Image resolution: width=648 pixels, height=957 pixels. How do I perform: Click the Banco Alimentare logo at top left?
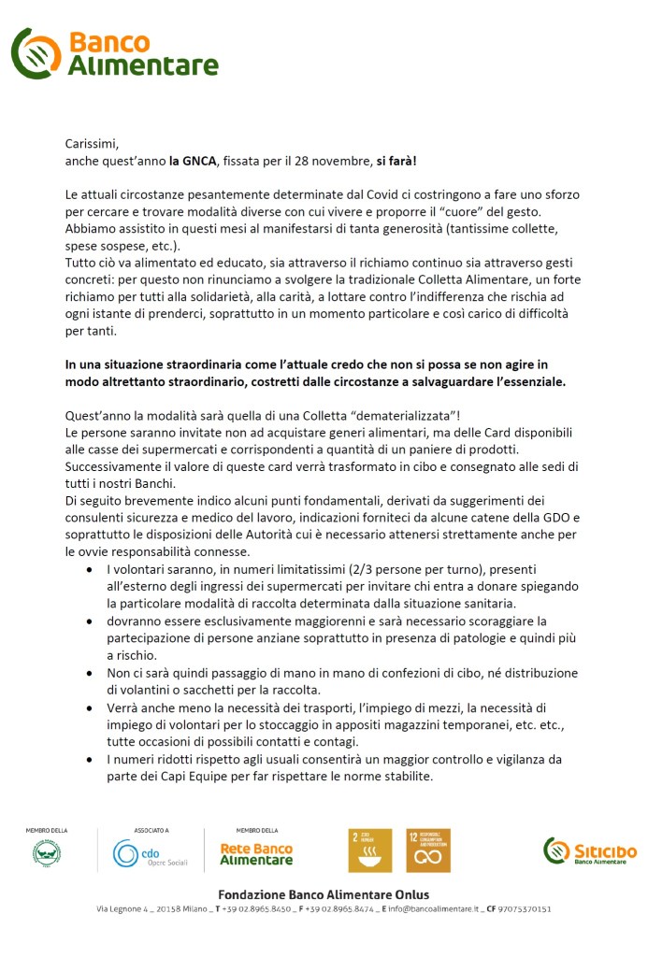(x=114, y=53)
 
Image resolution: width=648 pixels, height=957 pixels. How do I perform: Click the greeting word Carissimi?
(x=93, y=144)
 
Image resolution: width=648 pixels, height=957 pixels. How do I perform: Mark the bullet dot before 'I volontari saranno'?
(x=89, y=569)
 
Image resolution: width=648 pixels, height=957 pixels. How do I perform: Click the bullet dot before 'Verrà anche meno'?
(x=89, y=707)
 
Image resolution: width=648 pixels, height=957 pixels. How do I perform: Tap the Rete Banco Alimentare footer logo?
(x=255, y=853)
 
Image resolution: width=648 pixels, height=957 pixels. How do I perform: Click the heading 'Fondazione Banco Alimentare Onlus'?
(x=324, y=894)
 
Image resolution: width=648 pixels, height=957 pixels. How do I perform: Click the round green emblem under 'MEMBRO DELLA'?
(x=47, y=852)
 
